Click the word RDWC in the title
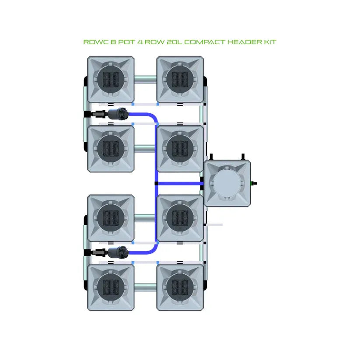click(93, 42)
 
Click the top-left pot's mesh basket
click(111, 79)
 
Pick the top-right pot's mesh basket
click(180, 79)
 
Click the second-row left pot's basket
click(111, 149)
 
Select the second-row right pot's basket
click(180, 149)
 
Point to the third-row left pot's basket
click(111, 218)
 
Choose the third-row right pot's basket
click(180, 218)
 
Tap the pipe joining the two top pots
click(145, 79)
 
